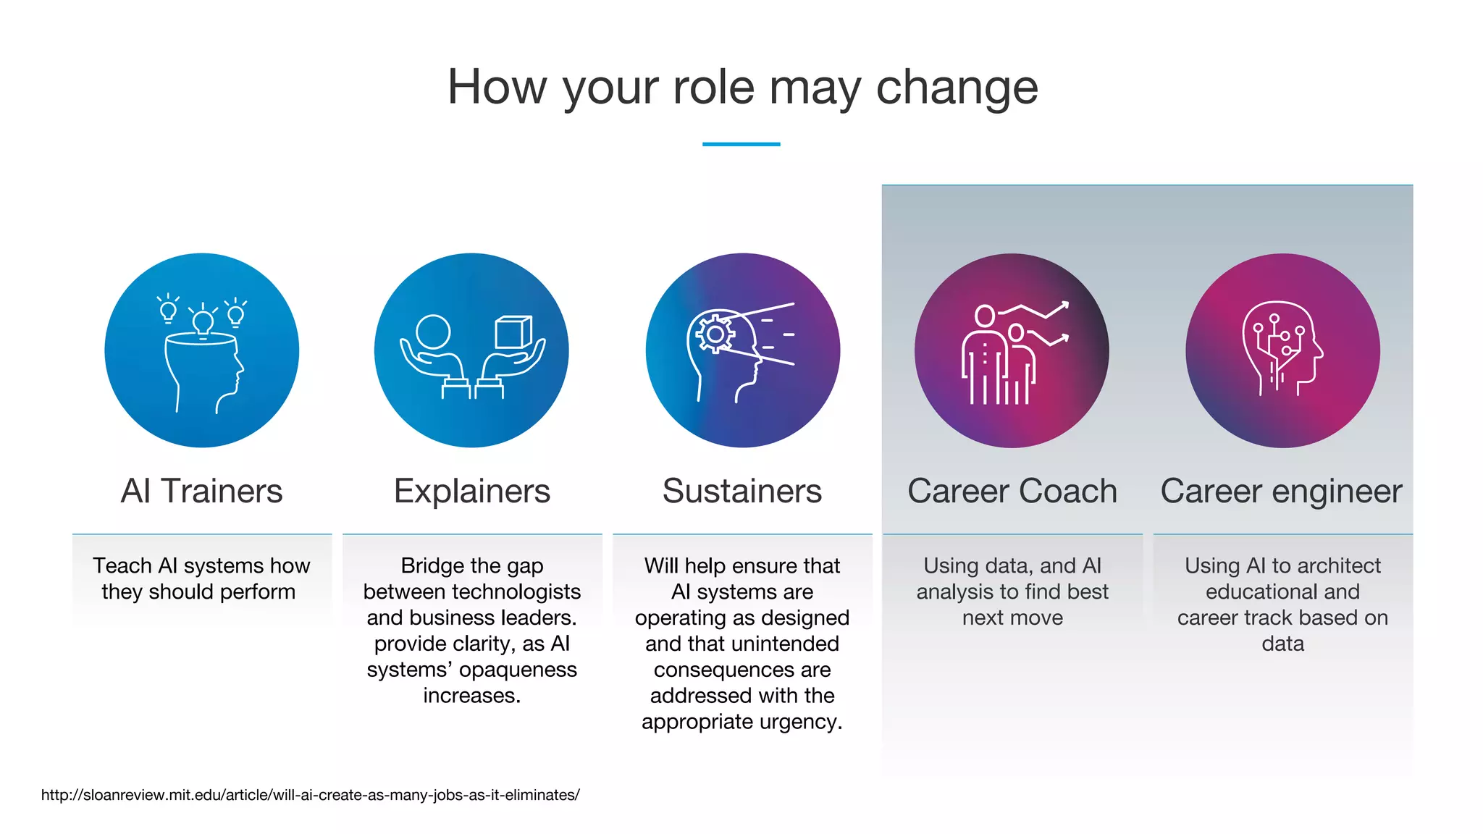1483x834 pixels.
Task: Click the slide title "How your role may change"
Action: pyautogui.click(x=742, y=87)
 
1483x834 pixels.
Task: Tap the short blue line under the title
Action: pyautogui.click(x=741, y=144)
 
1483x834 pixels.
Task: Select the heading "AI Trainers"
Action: pyautogui.click(x=201, y=491)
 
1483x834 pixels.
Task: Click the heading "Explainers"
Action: pyautogui.click(x=472, y=491)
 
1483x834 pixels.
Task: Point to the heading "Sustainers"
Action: pyautogui.click(x=742, y=491)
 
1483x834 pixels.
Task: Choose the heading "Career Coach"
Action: pyautogui.click(x=1012, y=491)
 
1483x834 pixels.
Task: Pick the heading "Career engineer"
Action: pyautogui.click(x=1282, y=491)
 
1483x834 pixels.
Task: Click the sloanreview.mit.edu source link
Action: pyautogui.click(x=310, y=795)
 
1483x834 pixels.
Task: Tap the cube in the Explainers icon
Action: pyautogui.click(x=513, y=332)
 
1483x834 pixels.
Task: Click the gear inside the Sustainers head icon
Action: pyautogui.click(x=715, y=334)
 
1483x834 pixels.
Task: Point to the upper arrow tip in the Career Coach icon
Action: pyautogui.click(x=1065, y=304)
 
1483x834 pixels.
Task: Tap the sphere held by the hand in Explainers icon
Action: pyautogui.click(x=433, y=332)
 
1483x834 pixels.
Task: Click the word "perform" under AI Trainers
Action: pyautogui.click(x=258, y=591)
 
